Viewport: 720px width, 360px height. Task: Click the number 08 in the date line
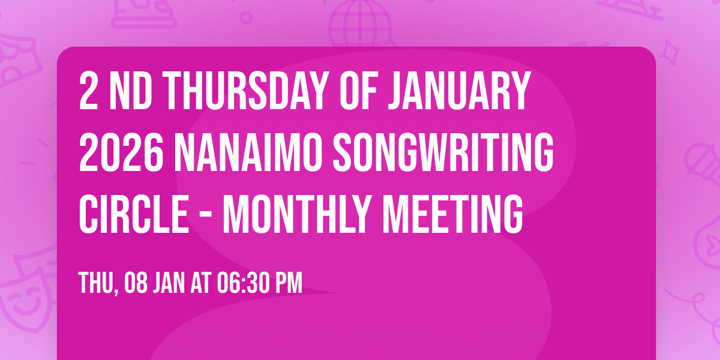136,283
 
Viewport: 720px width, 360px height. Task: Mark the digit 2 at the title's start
88,91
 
